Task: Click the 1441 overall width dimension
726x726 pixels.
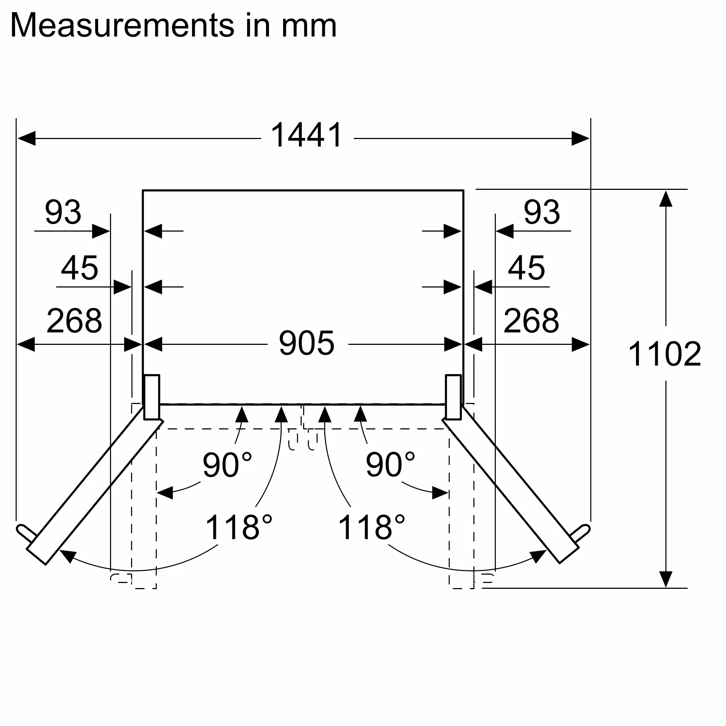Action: (307, 135)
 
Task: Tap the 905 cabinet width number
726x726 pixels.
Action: (307, 343)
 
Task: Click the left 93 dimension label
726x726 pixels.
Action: (63, 212)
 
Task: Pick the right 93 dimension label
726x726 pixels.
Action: (542, 212)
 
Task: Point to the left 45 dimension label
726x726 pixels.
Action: (79, 268)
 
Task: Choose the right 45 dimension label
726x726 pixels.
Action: (526, 268)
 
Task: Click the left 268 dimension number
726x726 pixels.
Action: (74, 321)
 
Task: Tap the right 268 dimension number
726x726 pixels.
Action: (531, 321)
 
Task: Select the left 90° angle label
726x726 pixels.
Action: (227, 465)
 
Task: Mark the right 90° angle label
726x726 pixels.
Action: (390, 465)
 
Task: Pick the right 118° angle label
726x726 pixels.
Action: (372, 527)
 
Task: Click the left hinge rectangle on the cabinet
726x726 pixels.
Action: (152, 397)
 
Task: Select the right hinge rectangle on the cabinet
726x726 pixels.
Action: (453, 397)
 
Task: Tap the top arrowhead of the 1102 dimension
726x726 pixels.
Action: (665, 199)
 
